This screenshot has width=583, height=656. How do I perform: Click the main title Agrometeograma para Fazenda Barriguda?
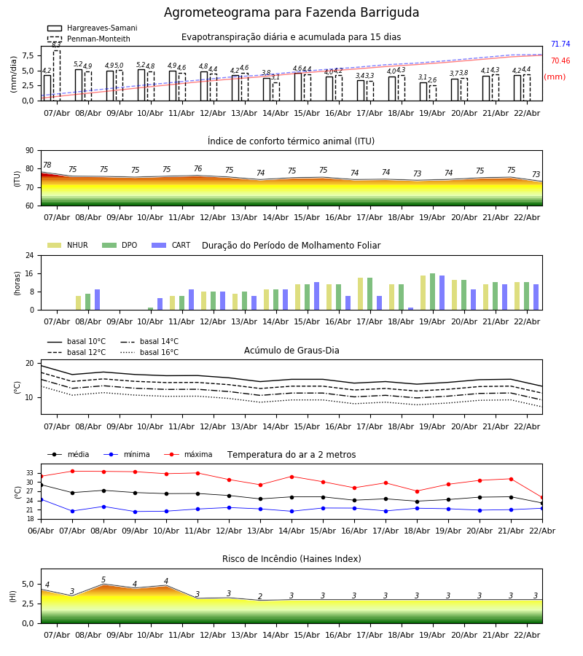(x=291, y=13)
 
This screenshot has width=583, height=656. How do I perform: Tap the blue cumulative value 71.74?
(x=560, y=44)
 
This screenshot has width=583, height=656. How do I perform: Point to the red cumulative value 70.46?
(x=560, y=61)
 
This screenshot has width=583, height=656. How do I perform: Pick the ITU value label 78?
(x=47, y=165)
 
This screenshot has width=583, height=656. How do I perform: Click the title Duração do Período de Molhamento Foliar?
(x=291, y=246)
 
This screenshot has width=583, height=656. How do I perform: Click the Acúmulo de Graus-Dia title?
(x=291, y=351)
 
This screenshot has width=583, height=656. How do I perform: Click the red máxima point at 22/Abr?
(x=541, y=497)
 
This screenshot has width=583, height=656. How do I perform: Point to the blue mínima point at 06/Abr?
(x=41, y=499)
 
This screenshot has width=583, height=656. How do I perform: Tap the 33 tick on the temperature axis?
(x=30, y=473)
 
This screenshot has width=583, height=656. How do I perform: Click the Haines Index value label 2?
(x=260, y=596)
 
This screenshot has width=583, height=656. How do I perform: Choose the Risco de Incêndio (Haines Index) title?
(x=291, y=559)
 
